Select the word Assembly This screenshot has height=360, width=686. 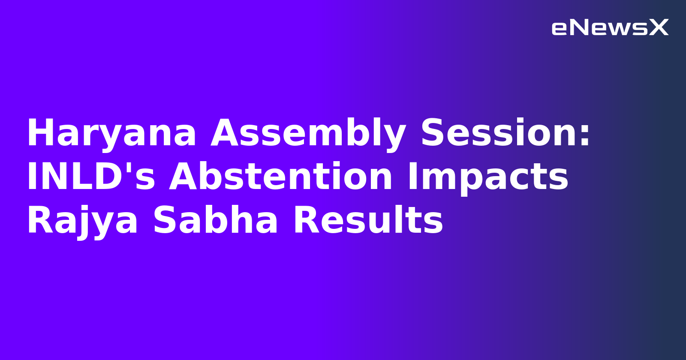click(308, 134)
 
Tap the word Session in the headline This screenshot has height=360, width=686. click(499, 134)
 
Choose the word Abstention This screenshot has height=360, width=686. click(281, 177)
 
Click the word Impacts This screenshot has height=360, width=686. click(487, 177)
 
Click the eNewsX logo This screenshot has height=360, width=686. click(610, 28)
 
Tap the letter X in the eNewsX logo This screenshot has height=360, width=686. click(659, 28)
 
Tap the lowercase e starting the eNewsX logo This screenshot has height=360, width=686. click(560, 29)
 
